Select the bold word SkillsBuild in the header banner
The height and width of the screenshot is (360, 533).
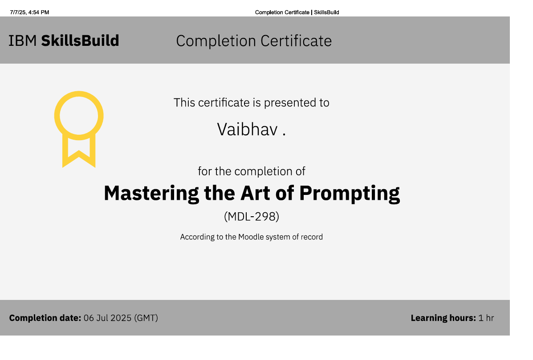click(x=80, y=41)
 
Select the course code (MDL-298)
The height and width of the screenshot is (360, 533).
click(x=252, y=217)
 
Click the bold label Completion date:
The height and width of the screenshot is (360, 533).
click(x=45, y=318)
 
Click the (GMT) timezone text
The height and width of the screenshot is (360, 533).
click(x=146, y=318)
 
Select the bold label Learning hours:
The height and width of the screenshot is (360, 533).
click(x=443, y=318)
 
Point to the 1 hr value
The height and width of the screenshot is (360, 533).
click(x=486, y=318)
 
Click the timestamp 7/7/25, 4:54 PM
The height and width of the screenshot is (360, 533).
click(x=29, y=12)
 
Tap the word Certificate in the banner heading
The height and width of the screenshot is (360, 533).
click(x=296, y=41)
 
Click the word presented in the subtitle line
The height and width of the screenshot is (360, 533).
click(x=290, y=103)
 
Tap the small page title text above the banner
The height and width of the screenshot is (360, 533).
click(x=297, y=12)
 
